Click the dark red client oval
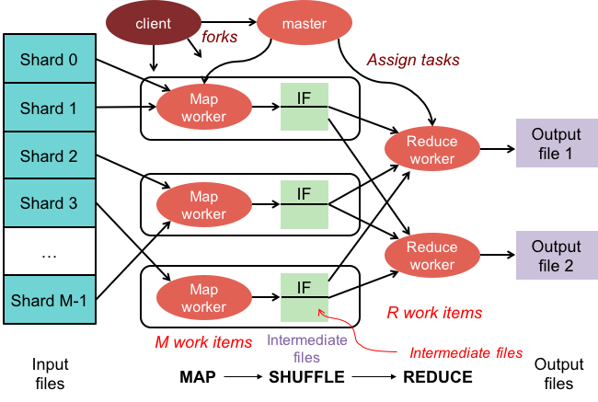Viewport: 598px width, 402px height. [153, 23]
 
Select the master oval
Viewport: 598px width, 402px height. [304, 23]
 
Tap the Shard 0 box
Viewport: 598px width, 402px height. [49, 60]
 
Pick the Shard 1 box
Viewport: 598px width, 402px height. [49, 108]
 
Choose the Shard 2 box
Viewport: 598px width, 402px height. [49, 155]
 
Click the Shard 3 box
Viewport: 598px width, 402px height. [49, 203]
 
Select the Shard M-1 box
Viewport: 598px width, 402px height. [49, 300]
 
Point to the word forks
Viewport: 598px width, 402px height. [220, 38]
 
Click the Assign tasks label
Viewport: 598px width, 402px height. [413, 60]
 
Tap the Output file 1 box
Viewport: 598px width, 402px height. [557, 144]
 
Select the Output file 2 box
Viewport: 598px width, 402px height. [557, 256]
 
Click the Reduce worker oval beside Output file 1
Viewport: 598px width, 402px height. [431, 149]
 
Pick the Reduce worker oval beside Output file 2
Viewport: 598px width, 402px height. [431, 256]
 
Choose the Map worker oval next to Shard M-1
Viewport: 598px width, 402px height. [203, 298]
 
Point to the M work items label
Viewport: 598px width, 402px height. [203, 342]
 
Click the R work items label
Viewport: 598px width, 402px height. [434, 313]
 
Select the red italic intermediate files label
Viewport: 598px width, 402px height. [466, 352]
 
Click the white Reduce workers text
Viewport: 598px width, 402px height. [434, 373]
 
